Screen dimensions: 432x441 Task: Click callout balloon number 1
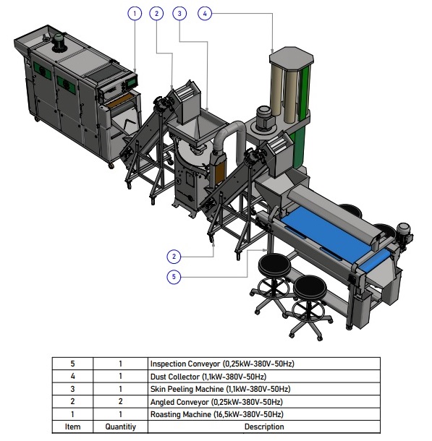click(x=135, y=14)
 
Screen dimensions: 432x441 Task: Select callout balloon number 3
click(x=179, y=14)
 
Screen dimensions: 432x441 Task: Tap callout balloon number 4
click(x=205, y=14)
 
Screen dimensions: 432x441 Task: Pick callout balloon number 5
click(x=174, y=277)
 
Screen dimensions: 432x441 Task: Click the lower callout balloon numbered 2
click(x=174, y=257)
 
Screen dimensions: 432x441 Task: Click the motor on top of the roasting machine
click(x=59, y=42)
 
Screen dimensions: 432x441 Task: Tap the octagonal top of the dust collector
click(x=292, y=58)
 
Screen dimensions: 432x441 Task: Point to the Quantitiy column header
click(x=120, y=427)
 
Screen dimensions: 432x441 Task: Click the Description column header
click(x=264, y=427)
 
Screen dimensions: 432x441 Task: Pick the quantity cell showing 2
click(x=120, y=402)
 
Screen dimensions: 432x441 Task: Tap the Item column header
click(x=72, y=427)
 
